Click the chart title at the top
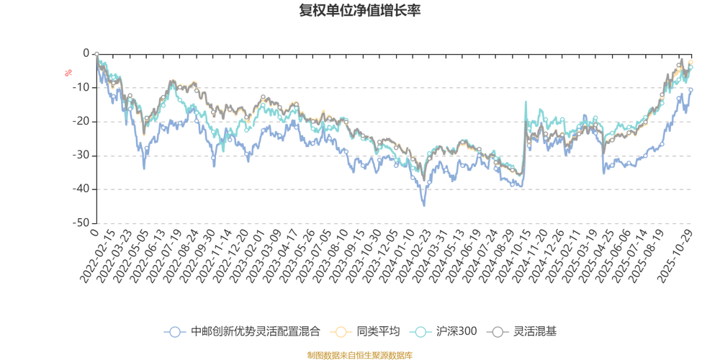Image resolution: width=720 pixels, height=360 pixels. pyautogui.click(x=359, y=10)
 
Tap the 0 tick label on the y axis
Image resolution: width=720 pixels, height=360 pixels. pyautogui.click(x=86, y=53)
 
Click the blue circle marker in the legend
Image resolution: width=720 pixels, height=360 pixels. pyautogui.click(x=174, y=332)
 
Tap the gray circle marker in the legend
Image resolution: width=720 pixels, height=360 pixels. pyautogui.click(x=498, y=332)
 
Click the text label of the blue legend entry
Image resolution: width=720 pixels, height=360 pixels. pyautogui.click(x=256, y=332)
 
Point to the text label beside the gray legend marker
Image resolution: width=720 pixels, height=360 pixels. pyautogui.click(x=535, y=332)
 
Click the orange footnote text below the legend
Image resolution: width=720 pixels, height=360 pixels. pyautogui.click(x=359, y=354)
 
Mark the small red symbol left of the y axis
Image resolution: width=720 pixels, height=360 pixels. pyautogui.click(x=68, y=72)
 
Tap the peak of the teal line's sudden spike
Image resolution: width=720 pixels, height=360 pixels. pyautogui.click(x=526, y=101)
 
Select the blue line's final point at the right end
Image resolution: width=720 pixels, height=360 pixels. pyautogui.click(x=693, y=88)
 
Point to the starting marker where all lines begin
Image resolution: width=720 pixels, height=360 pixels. pyautogui.click(x=96, y=53)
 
